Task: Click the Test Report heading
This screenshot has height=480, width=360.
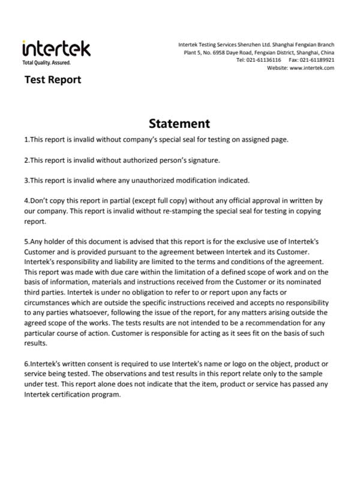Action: (52, 80)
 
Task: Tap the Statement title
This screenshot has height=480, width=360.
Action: (179, 124)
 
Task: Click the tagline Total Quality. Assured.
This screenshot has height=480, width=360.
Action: (46, 62)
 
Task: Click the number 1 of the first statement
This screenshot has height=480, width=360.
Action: (26, 140)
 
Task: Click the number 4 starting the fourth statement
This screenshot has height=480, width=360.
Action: (26, 201)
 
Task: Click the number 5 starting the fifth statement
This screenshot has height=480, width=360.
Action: (26, 242)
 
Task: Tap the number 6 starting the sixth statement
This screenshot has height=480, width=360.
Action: (26, 364)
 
